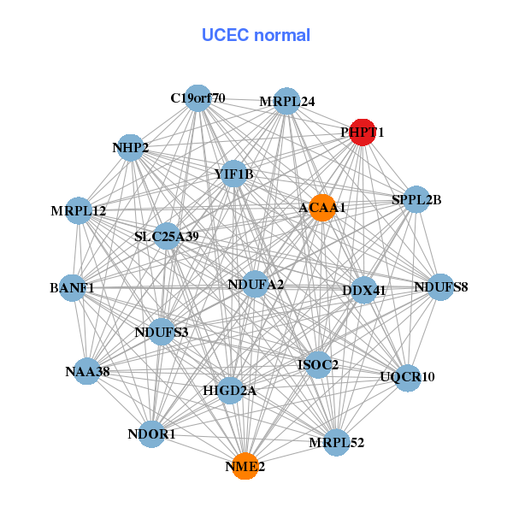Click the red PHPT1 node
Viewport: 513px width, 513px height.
point(363,133)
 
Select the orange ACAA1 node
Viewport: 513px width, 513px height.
point(321,208)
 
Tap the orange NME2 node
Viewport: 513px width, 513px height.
point(245,466)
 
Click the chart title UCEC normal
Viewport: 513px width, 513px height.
point(256,35)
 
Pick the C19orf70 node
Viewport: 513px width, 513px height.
point(198,97)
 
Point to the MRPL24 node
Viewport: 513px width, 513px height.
point(286,101)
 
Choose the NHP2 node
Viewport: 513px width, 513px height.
point(130,148)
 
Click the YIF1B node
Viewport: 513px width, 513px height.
point(233,174)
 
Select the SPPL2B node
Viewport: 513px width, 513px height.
point(416,200)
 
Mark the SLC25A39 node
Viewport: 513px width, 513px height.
point(166,236)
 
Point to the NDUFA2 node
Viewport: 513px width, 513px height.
point(256,284)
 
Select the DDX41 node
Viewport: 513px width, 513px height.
point(364,290)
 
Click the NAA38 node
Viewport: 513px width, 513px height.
point(86,371)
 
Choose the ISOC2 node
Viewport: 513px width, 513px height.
point(317,365)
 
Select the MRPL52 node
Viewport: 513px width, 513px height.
point(337,442)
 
